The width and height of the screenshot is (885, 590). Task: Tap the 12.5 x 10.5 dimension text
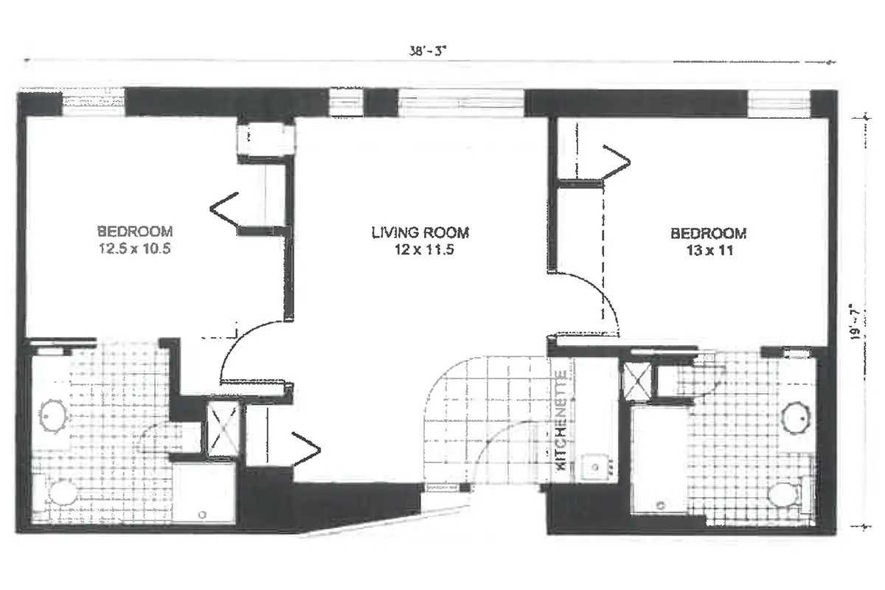point(135,249)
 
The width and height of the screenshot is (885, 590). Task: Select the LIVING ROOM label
point(420,232)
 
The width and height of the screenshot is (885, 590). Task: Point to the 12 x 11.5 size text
point(420,249)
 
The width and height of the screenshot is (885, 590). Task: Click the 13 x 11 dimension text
point(708,250)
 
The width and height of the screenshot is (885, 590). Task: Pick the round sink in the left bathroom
point(52,416)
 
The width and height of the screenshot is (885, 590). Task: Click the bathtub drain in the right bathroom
point(662,505)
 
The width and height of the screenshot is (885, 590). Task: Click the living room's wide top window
point(461,103)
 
